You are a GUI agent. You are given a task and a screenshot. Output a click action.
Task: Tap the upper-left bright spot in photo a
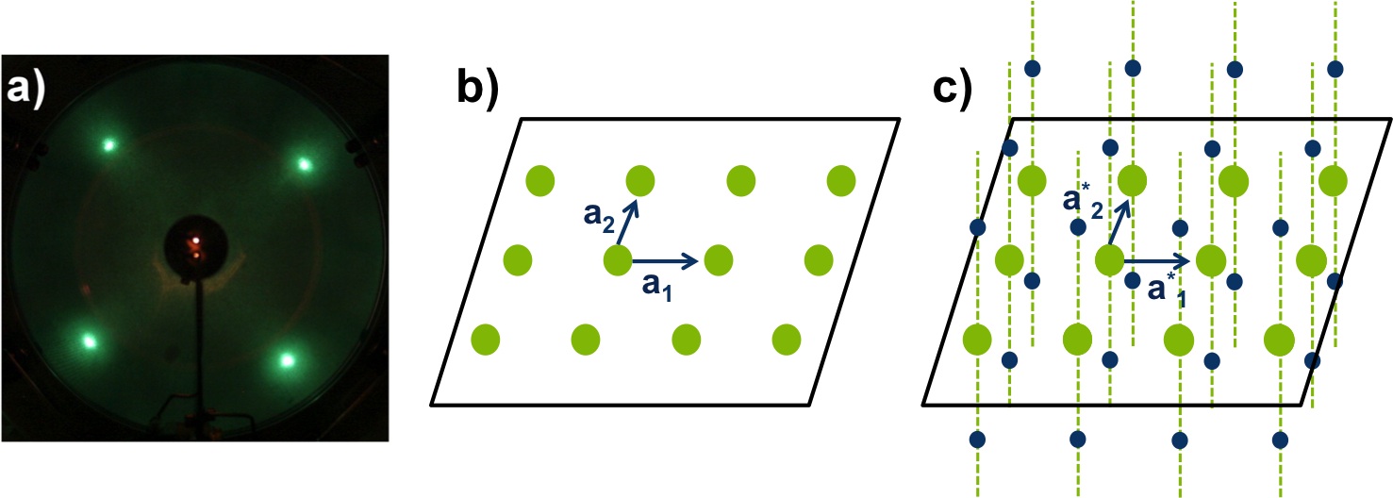108,144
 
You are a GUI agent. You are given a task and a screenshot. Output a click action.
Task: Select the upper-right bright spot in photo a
305,164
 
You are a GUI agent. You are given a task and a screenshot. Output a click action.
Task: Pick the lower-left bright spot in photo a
91,340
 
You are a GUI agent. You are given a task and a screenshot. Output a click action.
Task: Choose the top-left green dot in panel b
539,178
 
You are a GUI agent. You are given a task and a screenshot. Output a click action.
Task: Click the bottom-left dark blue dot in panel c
977,439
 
